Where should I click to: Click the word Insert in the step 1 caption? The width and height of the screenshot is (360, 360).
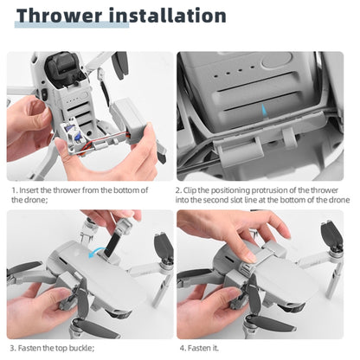[x=35, y=190]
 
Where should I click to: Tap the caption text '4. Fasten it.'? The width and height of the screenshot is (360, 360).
[x=200, y=348]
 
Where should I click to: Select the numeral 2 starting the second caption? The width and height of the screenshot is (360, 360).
[x=179, y=190]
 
